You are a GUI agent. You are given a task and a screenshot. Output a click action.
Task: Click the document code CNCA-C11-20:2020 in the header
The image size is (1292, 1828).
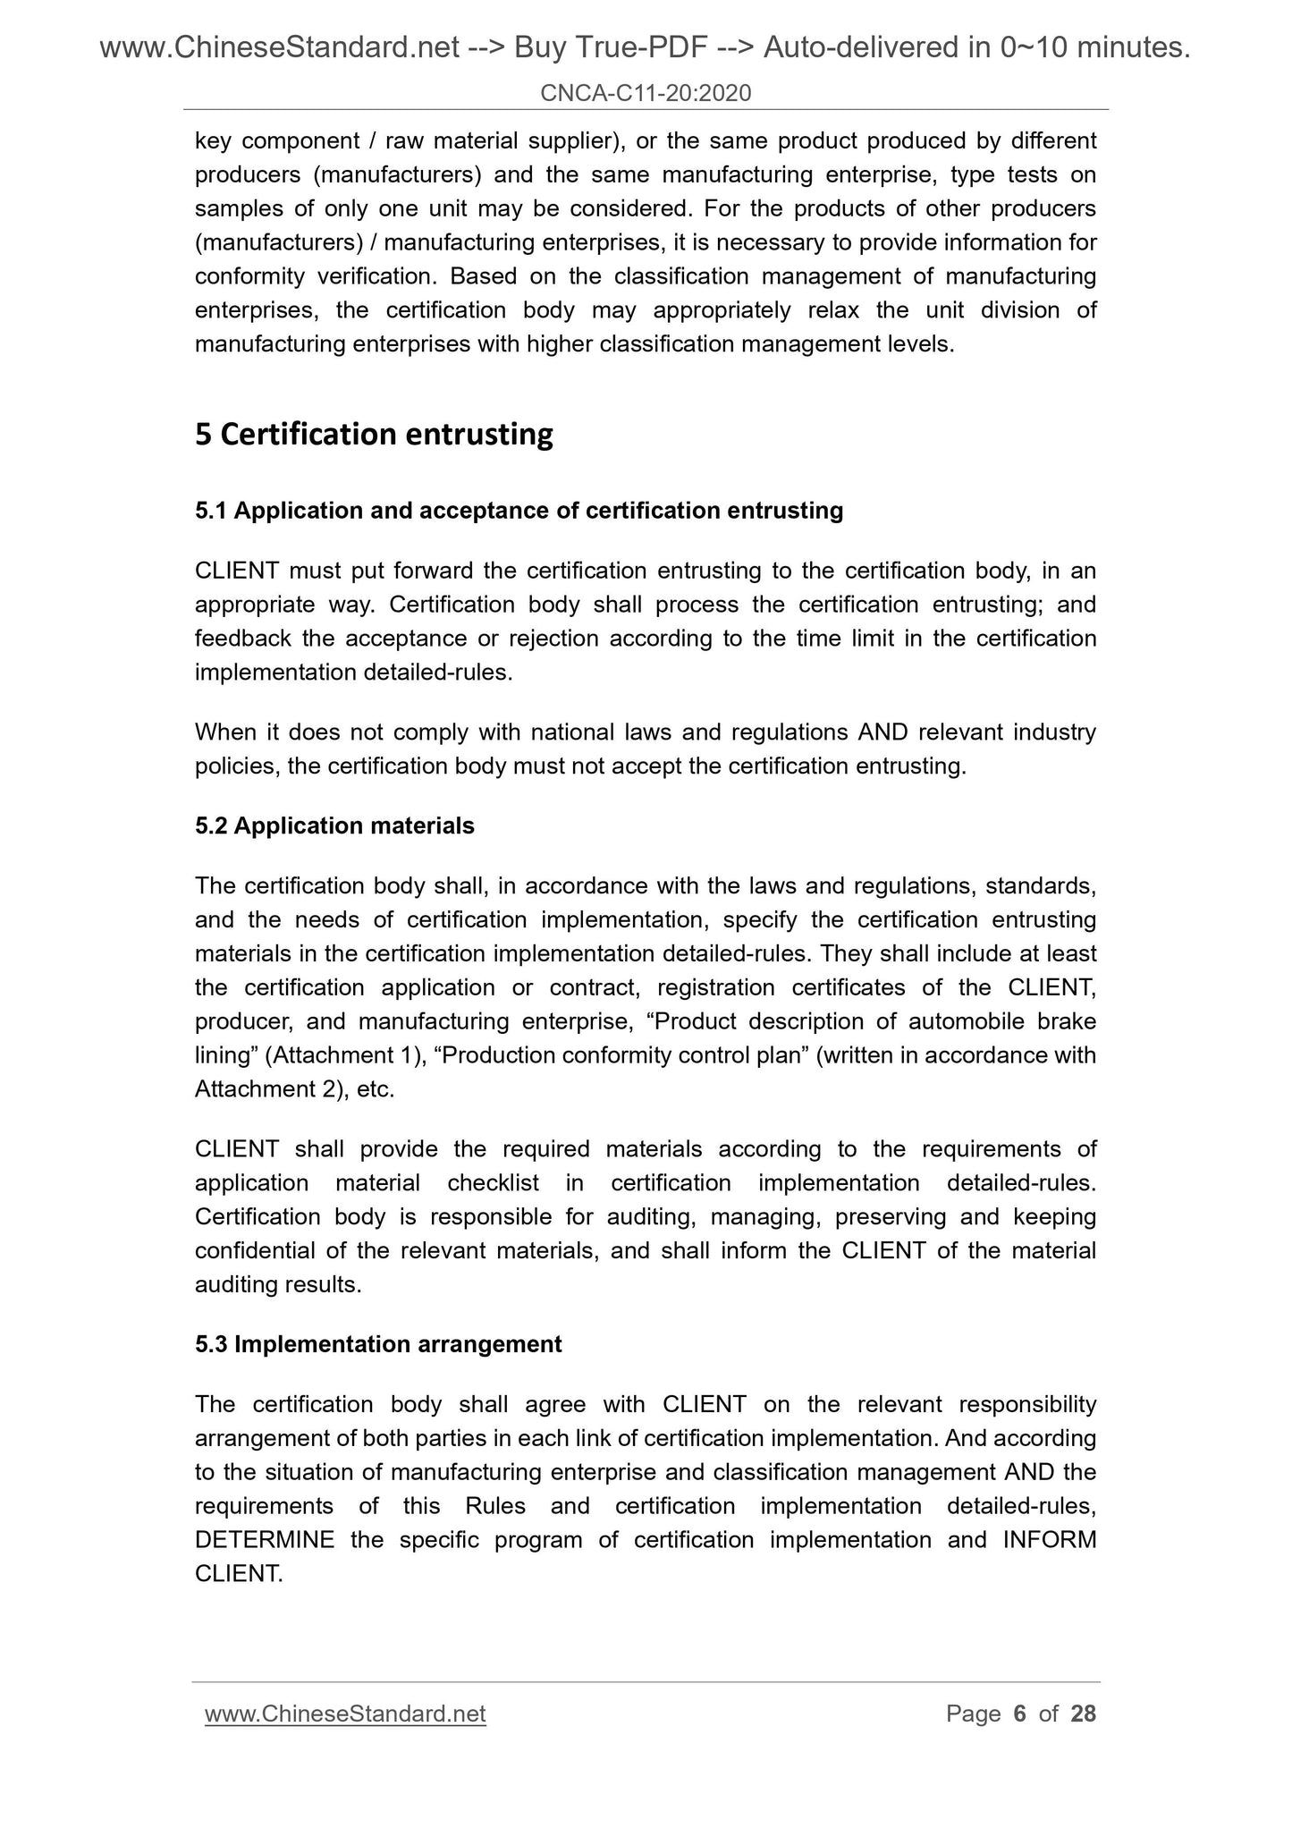click(x=646, y=92)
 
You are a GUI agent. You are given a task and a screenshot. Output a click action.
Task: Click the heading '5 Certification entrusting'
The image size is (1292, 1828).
click(x=374, y=435)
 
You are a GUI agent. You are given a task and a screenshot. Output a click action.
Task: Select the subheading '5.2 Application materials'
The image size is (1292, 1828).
click(x=334, y=825)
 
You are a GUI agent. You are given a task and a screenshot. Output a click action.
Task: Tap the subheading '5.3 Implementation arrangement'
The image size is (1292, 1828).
click(x=378, y=1344)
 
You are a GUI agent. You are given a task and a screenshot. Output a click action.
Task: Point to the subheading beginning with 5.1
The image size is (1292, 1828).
click(x=519, y=511)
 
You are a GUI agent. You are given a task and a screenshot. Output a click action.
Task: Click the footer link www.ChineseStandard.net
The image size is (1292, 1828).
click(x=345, y=1714)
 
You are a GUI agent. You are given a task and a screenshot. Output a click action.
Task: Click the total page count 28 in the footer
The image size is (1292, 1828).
click(x=1083, y=1714)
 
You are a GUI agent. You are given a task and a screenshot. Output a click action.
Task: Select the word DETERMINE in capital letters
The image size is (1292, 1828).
click(x=265, y=1539)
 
